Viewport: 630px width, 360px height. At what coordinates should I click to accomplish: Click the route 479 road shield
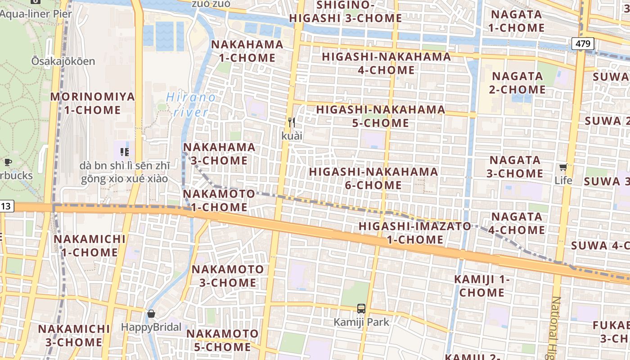[583, 44]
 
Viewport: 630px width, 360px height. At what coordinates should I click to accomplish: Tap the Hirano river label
[190, 104]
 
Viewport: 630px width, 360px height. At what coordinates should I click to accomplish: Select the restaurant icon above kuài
[292, 122]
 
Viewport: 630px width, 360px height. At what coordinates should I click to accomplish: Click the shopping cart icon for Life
[563, 167]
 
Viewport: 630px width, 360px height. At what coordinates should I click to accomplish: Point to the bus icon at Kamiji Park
[361, 308]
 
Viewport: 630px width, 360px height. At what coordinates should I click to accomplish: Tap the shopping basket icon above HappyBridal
[151, 313]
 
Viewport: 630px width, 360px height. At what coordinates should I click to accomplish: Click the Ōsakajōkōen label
[63, 61]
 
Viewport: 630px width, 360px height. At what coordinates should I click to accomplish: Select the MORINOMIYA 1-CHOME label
[92, 103]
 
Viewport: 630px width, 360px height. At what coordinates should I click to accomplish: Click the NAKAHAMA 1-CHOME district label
[247, 51]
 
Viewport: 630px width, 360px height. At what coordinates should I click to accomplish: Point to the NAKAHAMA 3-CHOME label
[219, 153]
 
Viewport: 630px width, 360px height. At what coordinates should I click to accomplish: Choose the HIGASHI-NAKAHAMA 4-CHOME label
[386, 63]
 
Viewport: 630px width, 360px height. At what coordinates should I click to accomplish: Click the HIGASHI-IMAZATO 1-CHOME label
[415, 233]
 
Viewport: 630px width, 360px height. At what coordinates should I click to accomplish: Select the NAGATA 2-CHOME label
[517, 82]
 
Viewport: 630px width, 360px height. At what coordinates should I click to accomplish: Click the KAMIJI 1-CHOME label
[482, 286]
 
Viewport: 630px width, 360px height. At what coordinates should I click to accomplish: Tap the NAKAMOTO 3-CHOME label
[228, 276]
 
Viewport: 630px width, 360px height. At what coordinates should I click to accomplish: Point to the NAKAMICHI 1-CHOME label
[90, 245]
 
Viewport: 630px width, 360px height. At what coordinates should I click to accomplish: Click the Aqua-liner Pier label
[36, 13]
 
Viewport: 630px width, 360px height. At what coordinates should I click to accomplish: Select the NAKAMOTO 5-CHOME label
[222, 340]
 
